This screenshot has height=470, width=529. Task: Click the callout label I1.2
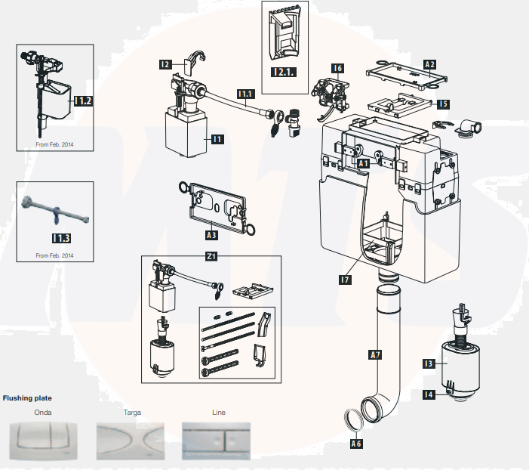(82, 100)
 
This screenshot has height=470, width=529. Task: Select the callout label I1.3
(62, 238)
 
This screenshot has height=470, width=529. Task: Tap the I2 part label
(165, 65)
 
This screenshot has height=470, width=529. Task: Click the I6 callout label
(337, 69)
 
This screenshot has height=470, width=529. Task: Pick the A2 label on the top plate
(429, 65)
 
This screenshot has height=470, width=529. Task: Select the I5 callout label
(442, 104)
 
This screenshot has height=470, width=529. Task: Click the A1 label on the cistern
(361, 162)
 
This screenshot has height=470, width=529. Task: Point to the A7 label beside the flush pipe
(376, 353)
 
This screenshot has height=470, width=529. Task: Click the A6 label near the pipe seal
(356, 444)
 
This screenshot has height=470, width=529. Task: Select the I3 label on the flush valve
(428, 364)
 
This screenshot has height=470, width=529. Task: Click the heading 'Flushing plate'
(28, 397)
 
